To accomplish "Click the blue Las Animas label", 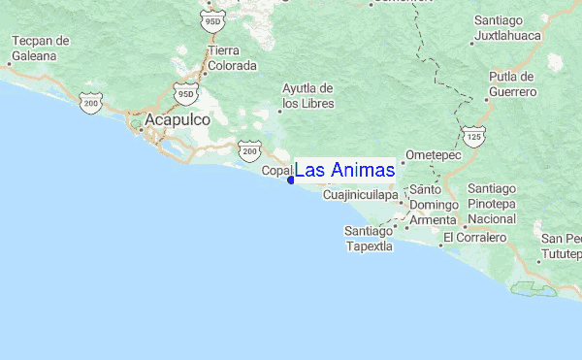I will coord(344,171).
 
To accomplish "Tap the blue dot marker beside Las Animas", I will coord(291,180).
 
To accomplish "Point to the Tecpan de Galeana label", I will coord(41,48).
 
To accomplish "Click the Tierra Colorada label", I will coord(232,58).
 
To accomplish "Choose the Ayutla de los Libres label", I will coord(308,95).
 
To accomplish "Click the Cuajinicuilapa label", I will coord(360,195).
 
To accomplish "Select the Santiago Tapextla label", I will coord(369,238).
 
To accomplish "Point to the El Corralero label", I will coord(476,237).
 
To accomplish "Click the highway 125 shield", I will coord(473,138).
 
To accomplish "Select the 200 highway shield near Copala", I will coord(250,151).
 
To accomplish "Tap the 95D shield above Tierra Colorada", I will coord(213,19).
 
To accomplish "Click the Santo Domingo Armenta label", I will coord(431,205).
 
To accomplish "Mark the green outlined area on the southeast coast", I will coord(534,289).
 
